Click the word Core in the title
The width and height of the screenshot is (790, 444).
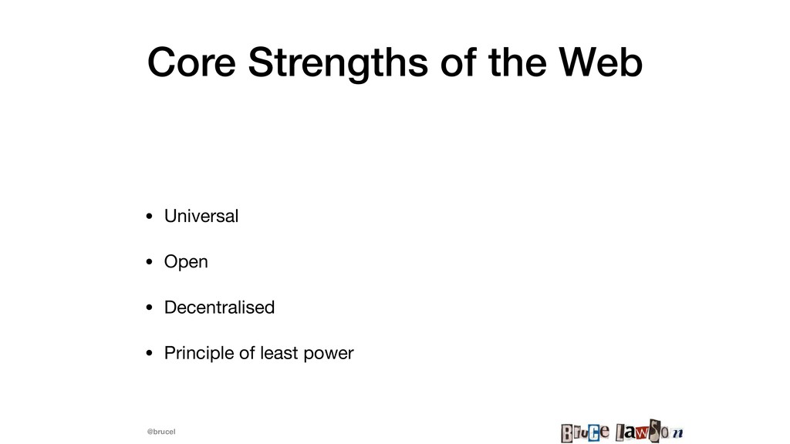point(191,62)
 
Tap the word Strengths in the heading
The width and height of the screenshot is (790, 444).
point(338,63)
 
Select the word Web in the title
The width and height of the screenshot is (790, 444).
point(600,62)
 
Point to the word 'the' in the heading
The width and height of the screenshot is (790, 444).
point(518,62)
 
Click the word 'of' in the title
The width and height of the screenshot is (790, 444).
point(458,62)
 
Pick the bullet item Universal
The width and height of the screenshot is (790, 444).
point(201,216)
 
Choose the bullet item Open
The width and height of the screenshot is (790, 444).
point(186,262)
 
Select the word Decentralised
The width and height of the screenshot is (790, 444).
point(219,308)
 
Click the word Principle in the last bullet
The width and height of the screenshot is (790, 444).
point(200,353)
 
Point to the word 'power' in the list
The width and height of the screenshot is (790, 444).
point(329,355)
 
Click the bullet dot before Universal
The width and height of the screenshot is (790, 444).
point(149,217)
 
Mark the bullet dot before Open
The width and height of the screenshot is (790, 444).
point(149,262)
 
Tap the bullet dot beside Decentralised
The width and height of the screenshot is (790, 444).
point(149,308)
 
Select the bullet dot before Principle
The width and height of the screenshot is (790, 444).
point(149,353)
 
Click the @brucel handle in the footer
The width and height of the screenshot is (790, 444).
point(161,432)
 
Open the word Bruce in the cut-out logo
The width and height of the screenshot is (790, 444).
point(585,432)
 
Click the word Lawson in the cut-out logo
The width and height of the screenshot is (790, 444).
point(649,432)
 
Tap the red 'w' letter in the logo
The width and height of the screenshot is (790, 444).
point(642,433)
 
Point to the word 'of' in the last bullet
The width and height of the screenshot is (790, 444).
point(248,353)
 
